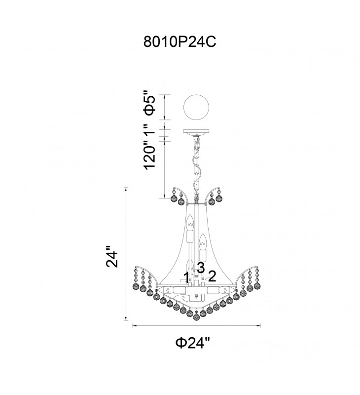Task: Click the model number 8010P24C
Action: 180,41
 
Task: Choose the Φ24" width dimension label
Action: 193,343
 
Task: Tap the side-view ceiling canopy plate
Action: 196,132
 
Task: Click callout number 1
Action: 186,277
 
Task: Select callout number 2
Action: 212,276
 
